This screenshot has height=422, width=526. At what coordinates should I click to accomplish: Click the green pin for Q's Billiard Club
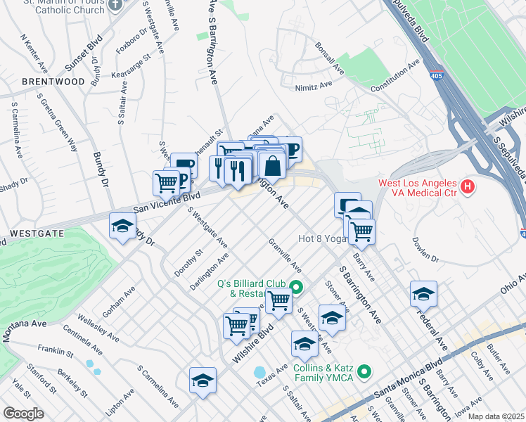click(296, 287)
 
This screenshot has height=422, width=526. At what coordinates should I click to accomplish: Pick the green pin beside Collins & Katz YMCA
click(364, 371)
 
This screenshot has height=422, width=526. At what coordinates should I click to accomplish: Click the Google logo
click(23, 413)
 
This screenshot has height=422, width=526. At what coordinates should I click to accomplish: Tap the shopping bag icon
click(273, 167)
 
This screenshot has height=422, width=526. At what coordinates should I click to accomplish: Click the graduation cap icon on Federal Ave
click(423, 293)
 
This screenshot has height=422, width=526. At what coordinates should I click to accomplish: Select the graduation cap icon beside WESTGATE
click(122, 226)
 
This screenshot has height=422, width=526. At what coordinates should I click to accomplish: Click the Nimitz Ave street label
click(316, 85)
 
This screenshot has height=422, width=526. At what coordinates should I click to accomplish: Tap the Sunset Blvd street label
click(90, 53)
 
